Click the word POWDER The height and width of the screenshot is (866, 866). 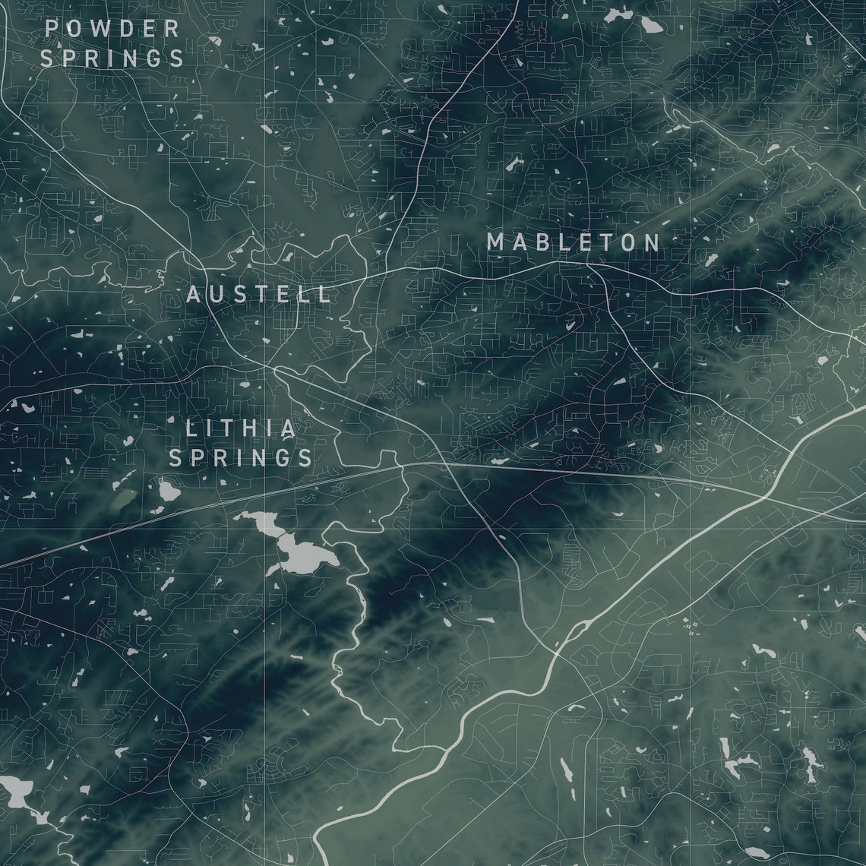point(112,29)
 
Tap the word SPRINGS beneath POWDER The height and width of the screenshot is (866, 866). point(112,58)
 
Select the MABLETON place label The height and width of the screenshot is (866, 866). point(574,242)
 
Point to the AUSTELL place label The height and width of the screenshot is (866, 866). point(259,294)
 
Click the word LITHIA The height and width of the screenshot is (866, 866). point(241,428)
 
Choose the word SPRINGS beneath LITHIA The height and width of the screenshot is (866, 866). point(241,457)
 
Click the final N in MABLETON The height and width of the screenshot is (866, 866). point(652,242)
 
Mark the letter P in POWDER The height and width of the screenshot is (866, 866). point(52,29)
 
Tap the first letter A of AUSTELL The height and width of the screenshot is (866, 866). point(194,294)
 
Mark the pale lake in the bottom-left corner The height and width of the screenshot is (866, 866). point(17,792)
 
